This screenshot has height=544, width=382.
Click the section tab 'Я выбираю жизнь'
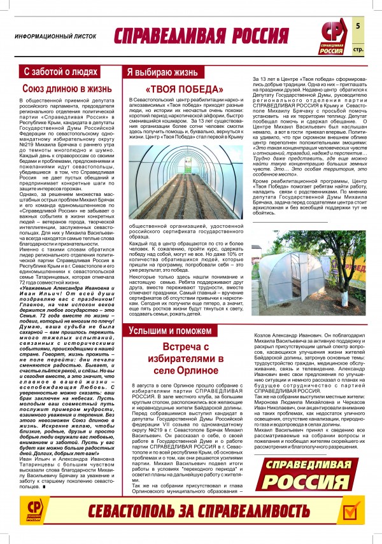click(x=160, y=71)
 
